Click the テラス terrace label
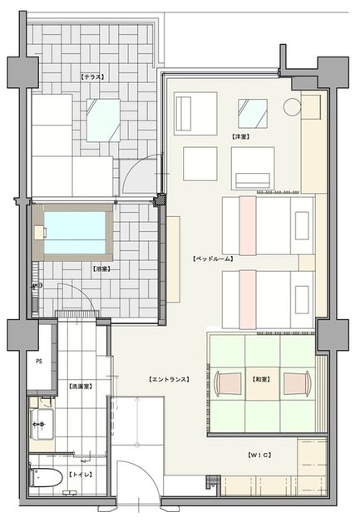coord(92,77)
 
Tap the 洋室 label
coord(241,137)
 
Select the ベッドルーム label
coord(213,259)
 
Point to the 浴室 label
coord(101,269)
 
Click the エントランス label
coord(169,379)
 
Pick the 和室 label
coord(261,379)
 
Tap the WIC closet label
coord(259,455)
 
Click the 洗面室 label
coord(81,386)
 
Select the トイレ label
coord(81,475)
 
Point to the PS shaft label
coord(39,362)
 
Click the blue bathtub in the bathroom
coord(75,233)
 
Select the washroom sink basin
coord(42,425)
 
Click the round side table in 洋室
coord(292,106)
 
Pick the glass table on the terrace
coord(103,121)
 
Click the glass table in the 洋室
coord(253,114)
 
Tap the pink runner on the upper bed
coord(248,225)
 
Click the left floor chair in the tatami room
coord(228,383)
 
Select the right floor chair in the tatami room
coord(298,383)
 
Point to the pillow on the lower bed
coord(302,299)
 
